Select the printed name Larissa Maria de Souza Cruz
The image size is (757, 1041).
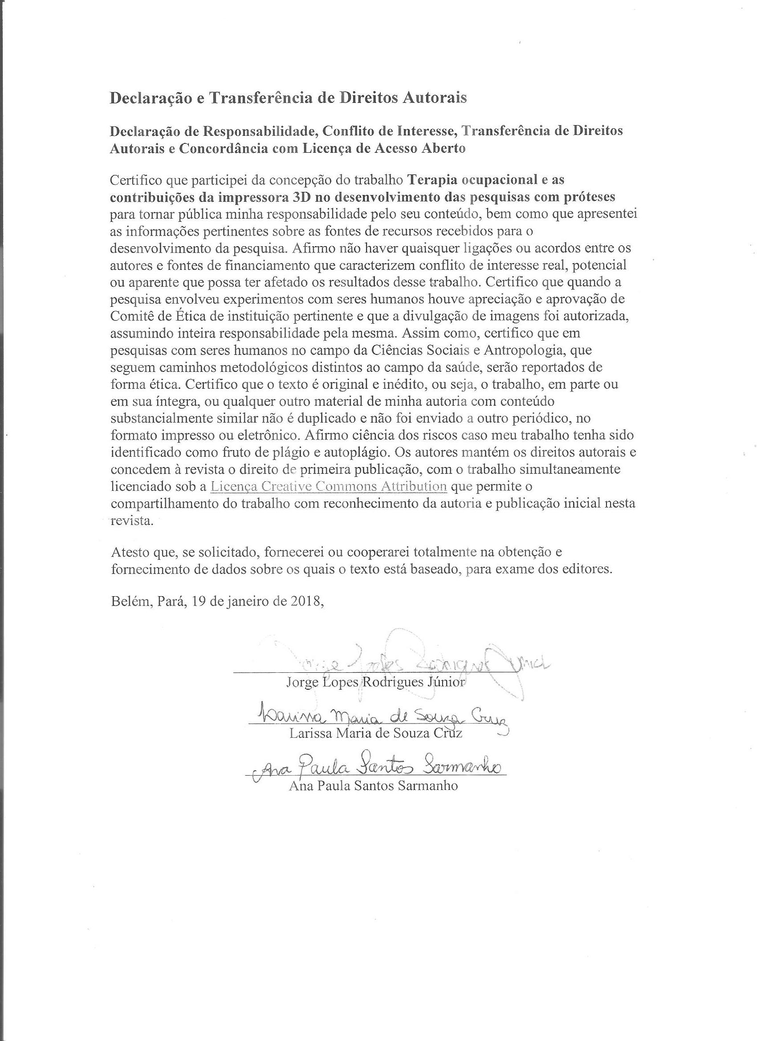[x=375, y=733]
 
